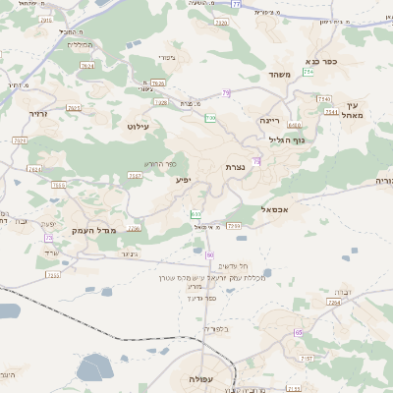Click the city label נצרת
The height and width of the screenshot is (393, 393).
(235, 167)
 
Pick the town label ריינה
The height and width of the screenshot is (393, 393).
(270, 120)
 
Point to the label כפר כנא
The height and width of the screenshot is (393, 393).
(323, 61)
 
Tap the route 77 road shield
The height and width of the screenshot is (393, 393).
(236, 5)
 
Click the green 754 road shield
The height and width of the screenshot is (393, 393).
(309, 72)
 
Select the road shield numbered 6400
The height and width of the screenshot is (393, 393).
(295, 125)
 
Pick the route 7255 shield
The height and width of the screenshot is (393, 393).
(53, 275)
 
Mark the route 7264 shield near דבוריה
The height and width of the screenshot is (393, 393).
(334, 303)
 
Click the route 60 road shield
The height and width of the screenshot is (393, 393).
(210, 254)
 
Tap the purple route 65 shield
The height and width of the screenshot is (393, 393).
(298, 333)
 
